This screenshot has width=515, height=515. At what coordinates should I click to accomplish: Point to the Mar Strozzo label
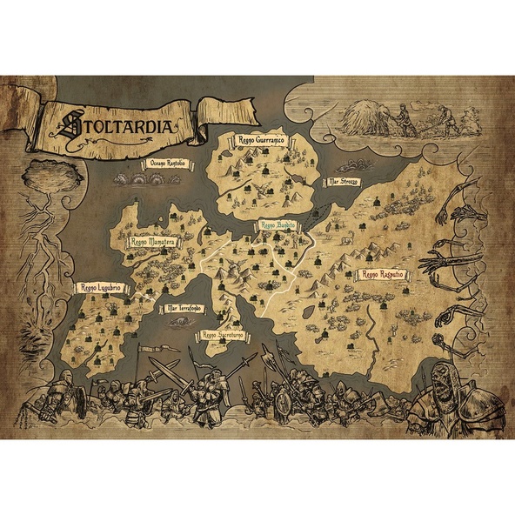coord(343,183)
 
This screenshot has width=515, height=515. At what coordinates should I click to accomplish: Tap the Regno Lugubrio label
coord(98,286)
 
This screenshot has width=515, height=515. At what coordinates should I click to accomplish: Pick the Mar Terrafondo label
coord(184,307)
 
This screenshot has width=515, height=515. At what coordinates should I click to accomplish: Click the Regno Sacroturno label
coord(221,333)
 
